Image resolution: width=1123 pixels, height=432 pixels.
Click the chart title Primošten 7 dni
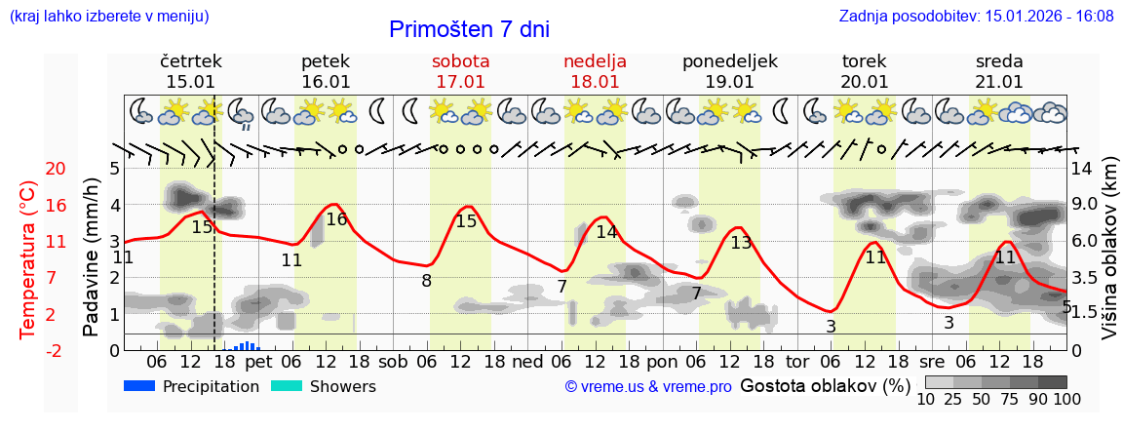[469, 29]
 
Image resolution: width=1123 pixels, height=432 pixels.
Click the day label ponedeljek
[729, 61]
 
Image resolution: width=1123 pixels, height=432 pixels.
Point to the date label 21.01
[999, 82]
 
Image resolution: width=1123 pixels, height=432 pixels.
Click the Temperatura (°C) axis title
[28, 259]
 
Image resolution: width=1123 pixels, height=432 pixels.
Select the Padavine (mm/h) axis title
[91, 257]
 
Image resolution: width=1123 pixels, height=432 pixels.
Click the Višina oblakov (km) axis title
[1109, 258]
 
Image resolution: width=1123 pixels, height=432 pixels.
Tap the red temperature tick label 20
[28, 169]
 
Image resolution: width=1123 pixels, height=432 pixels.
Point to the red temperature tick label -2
[28, 350]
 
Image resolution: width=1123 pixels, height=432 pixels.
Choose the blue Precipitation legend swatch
[139, 386]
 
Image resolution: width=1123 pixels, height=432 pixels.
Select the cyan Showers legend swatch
[286, 386]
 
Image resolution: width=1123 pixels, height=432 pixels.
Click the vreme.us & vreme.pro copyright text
[647, 387]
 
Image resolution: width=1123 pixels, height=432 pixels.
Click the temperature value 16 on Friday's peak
[336, 220]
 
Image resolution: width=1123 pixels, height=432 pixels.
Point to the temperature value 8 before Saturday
[426, 281]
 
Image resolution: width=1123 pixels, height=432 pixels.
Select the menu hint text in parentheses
[108, 17]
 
